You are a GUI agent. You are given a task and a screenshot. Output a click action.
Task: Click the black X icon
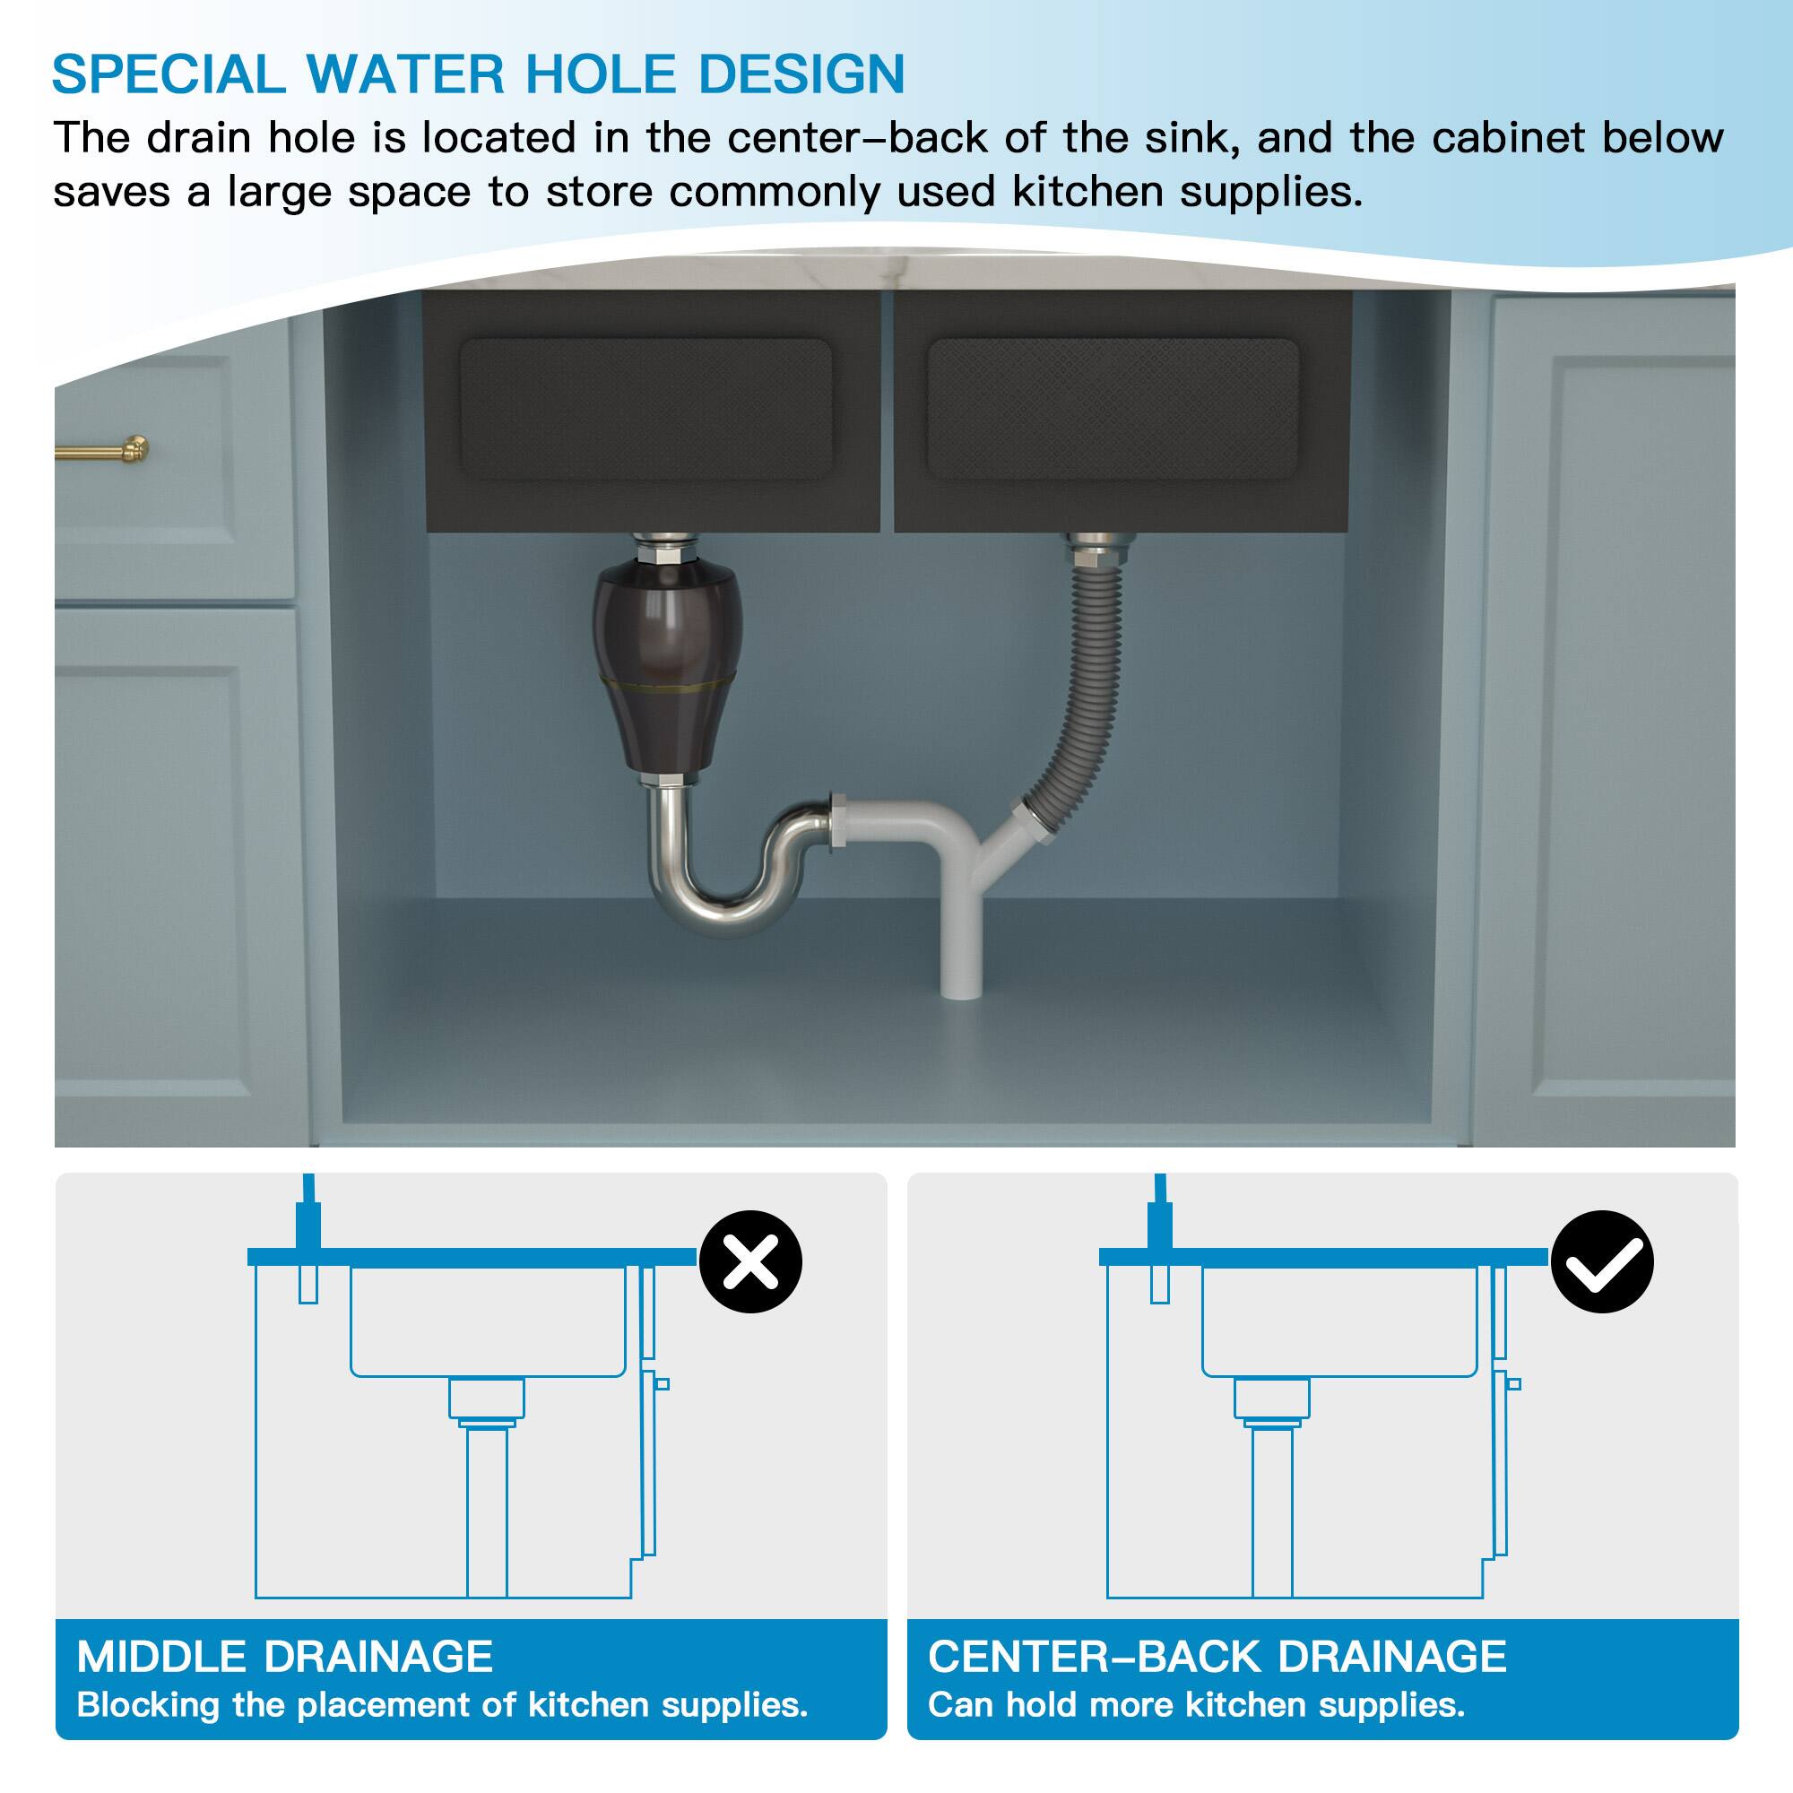(749, 1261)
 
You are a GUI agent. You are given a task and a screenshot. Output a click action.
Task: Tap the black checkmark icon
(1602, 1261)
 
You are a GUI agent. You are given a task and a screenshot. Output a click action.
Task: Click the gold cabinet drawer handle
(102, 452)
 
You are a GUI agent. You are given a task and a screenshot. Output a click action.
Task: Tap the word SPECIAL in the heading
(168, 74)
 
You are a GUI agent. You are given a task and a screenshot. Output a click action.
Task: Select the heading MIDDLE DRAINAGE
(284, 1657)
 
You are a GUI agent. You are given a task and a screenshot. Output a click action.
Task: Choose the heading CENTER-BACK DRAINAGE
(1217, 1657)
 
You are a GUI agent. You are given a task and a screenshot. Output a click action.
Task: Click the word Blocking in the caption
(148, 1705)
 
